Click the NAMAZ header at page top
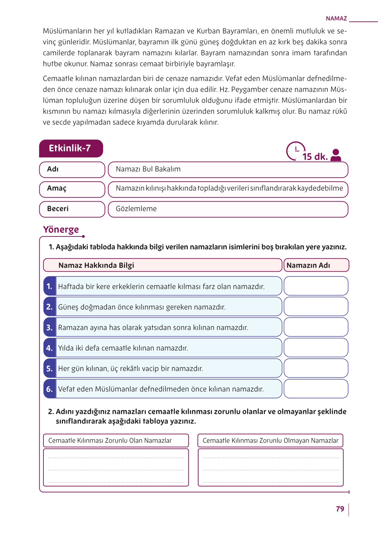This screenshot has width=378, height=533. point(336,18)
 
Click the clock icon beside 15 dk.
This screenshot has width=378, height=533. point(295,151)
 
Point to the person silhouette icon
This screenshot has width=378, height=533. point(336,155)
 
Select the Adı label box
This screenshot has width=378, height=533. point(72,169)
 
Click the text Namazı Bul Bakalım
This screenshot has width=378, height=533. point(148,169)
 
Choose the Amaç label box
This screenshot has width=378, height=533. point(72,189)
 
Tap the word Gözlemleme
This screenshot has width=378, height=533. point(136,209)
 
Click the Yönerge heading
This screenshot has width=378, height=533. point(61,230)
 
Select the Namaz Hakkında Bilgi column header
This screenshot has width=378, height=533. point(96,265)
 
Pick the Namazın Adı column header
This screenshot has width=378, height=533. point(308,265)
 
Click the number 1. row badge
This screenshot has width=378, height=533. point(50,286)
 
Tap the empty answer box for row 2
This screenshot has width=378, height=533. point(316,306)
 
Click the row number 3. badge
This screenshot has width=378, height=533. point(50,327)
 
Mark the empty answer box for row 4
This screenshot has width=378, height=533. point(316,348)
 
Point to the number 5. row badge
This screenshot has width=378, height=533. point(50,368)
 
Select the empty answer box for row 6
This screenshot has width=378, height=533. point(316,389)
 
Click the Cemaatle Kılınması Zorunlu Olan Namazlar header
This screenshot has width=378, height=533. point(110,441)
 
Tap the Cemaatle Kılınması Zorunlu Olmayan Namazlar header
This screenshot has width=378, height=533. point(270,441)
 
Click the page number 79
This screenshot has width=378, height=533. point(340,509)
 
